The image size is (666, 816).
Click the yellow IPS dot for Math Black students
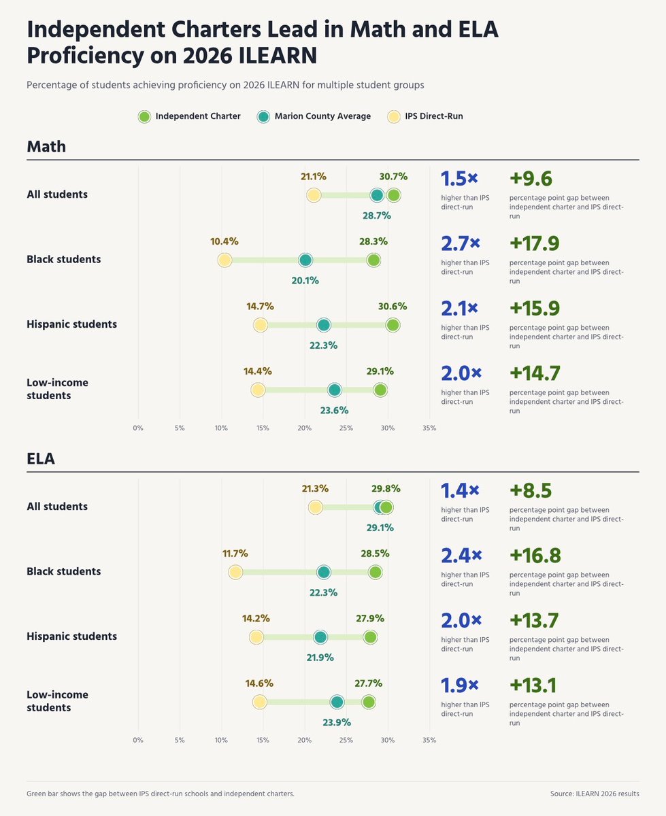click(x=224, y=260)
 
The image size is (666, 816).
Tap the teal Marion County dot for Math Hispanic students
click(x=324, y=325)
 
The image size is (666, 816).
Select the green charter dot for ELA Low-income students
click(x=369, y=702)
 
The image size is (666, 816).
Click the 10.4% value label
click(x=224, y=241)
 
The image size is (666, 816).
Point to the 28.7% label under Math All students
click(x=376, y=216)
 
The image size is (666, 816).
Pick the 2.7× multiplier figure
click(x=461, y=243)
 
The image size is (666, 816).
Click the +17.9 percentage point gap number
click(x=535, y=243)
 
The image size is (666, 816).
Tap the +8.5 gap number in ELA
click(x=531, y=490)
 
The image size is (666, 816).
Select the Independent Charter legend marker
click(x=144, y=116)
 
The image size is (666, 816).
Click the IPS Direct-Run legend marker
click(x=394, y=116)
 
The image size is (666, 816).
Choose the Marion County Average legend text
click(x=322, y=116)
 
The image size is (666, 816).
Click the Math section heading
click(x=46, y=147)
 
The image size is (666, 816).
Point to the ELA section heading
click(x=41, y=458)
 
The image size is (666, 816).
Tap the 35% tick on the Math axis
click(x=429, y=428)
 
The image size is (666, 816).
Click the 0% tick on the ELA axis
click(x=138, y=740)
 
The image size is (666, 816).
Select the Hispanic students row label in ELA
click(x=71, y=636)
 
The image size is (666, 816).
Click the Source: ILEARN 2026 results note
click(x=595, y=794)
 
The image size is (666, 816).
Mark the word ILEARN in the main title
click(x=278, y=55)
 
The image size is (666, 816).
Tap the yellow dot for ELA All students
click(x=316, y=507)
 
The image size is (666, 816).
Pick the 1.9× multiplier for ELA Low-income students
click(x=460, y=685)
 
